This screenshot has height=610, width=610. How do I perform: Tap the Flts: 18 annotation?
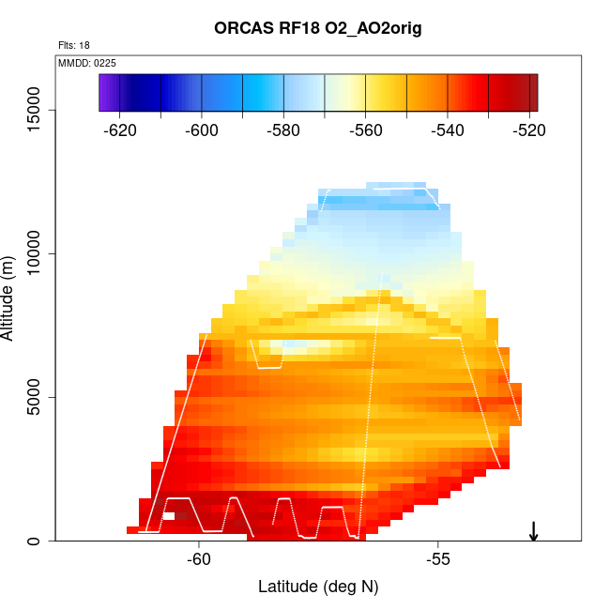(73, 45)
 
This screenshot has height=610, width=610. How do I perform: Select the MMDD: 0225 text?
(86, 63)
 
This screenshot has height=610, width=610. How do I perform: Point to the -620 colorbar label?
(121, 130)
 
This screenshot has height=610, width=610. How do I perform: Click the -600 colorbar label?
(202, 130)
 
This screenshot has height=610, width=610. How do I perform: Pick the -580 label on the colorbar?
(283, 130)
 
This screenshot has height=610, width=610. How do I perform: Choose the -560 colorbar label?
(365, 130)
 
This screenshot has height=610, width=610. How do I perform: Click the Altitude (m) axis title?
(10, 297)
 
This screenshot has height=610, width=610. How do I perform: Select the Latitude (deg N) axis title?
(318, 587)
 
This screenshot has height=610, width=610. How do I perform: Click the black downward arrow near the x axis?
(533, 531)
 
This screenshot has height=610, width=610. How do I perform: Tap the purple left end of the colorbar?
(105, 93)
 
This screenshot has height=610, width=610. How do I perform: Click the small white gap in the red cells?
(168, 515)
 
